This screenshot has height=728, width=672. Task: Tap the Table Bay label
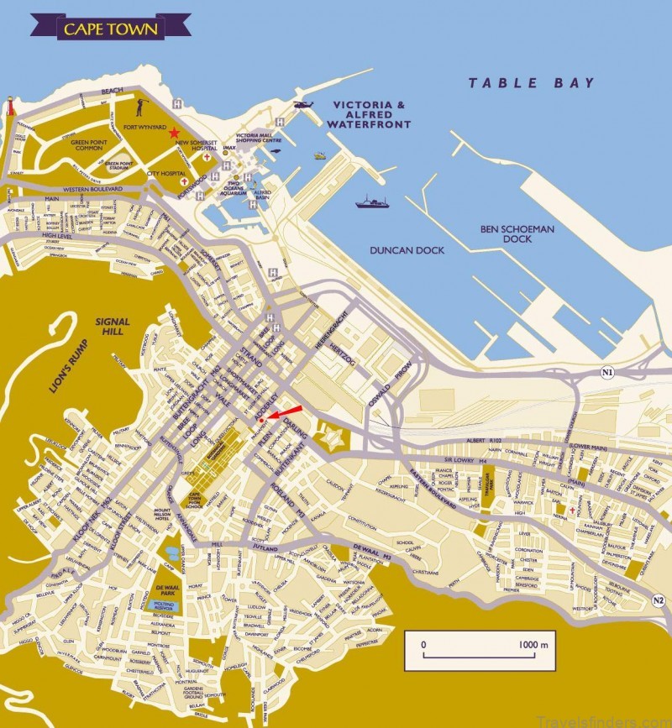point(531,82)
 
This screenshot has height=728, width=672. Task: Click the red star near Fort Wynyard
point(174,133)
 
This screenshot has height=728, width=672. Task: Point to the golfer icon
point(141,106)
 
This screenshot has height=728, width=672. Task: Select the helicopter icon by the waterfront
point(302,107)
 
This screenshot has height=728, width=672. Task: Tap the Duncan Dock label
point(407,250)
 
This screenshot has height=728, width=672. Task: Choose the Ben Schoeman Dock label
point(506,233)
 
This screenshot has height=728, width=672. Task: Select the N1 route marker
point(607,371)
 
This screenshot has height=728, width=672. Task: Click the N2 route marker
point(658,600)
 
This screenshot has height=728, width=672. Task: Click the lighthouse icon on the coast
point(11,107)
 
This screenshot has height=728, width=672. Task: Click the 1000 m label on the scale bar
point(533,645)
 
